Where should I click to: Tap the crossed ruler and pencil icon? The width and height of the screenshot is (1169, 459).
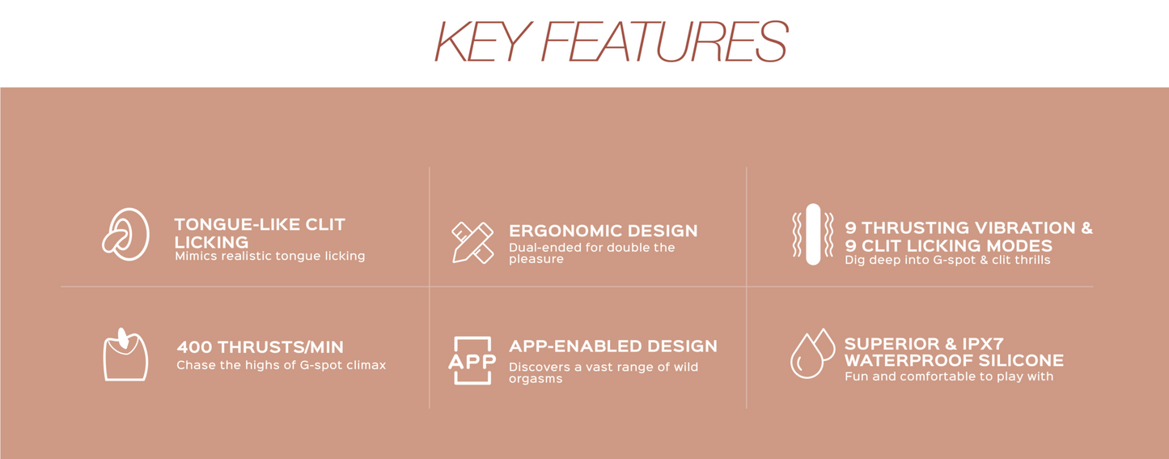472,243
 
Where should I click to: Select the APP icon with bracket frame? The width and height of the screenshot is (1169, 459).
472,360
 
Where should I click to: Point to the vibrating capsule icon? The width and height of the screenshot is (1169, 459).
812,235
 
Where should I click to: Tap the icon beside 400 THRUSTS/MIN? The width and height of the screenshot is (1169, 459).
125,355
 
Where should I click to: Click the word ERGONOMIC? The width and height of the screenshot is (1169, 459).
565,231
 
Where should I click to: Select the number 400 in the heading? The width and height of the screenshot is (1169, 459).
194,347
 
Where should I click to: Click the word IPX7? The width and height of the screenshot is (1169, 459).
983,344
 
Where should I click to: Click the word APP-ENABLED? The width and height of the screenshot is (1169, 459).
575,346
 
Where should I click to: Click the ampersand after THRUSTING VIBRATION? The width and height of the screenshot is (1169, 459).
1086,227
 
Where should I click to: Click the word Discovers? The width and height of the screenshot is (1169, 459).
540,367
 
